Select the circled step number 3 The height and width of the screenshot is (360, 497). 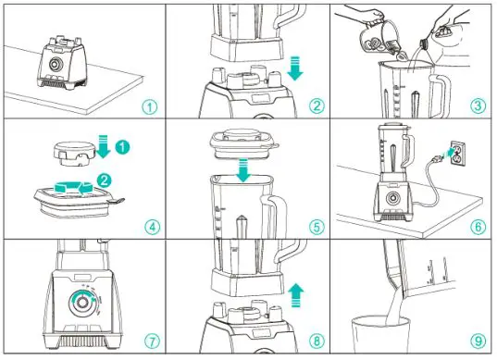coord(478,106)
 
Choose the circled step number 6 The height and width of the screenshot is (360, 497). coord(478,224)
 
